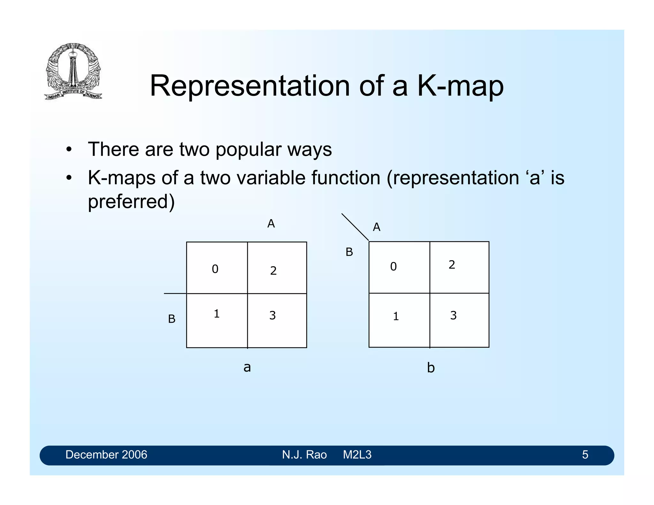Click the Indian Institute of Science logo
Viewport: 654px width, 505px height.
point(73,71)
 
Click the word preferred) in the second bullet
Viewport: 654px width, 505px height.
point(131,201)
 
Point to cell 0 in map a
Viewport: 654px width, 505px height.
point(217,268)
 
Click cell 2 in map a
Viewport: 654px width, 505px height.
point(277,268)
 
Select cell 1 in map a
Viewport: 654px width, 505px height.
point(217,320)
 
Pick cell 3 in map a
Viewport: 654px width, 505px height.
point(277,320)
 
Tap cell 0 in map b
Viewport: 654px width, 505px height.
point(399,267)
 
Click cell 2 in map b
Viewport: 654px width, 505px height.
point(459,267)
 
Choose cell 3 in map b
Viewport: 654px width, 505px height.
point(459,320)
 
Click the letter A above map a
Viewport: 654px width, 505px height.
point(271,223)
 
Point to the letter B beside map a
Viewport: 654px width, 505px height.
point(171,319)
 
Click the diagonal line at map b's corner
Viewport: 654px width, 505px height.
point(355,227)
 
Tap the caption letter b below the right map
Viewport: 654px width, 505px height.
point(431,368)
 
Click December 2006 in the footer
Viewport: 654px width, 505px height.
point(106,455)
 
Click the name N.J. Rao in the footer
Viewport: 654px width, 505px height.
point(304,455)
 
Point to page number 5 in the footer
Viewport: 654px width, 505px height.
point(585,455)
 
